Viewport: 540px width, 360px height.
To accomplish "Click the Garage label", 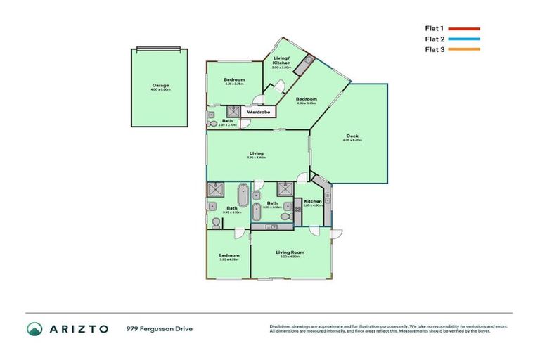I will point(160,85).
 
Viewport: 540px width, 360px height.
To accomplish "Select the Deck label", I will point(352,136).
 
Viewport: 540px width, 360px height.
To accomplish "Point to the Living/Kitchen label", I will point(282,63).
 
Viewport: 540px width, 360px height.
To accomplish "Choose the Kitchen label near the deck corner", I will point(313,201).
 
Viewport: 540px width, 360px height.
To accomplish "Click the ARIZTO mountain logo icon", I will point(35,329).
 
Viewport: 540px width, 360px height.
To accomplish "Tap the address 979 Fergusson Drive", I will point(160,328).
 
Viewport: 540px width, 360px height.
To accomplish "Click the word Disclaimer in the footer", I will point(281,326).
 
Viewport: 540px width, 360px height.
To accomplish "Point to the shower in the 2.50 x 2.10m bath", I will point(231,110).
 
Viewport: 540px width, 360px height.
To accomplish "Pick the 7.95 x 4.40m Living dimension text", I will point(257,157).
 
